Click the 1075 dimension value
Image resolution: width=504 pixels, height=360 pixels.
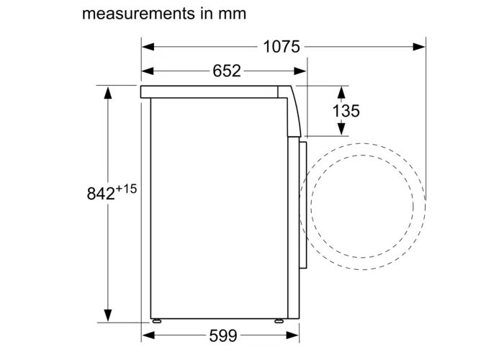coord(282,47)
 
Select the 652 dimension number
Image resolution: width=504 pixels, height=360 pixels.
coord(226,71)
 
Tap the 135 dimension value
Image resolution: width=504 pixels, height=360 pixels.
coord(346,111)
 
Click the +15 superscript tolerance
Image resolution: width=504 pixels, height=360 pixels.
coord(126,188)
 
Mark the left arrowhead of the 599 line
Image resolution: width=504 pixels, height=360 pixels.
coord(148,336)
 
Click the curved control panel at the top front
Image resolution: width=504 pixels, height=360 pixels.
coord(293,108)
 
